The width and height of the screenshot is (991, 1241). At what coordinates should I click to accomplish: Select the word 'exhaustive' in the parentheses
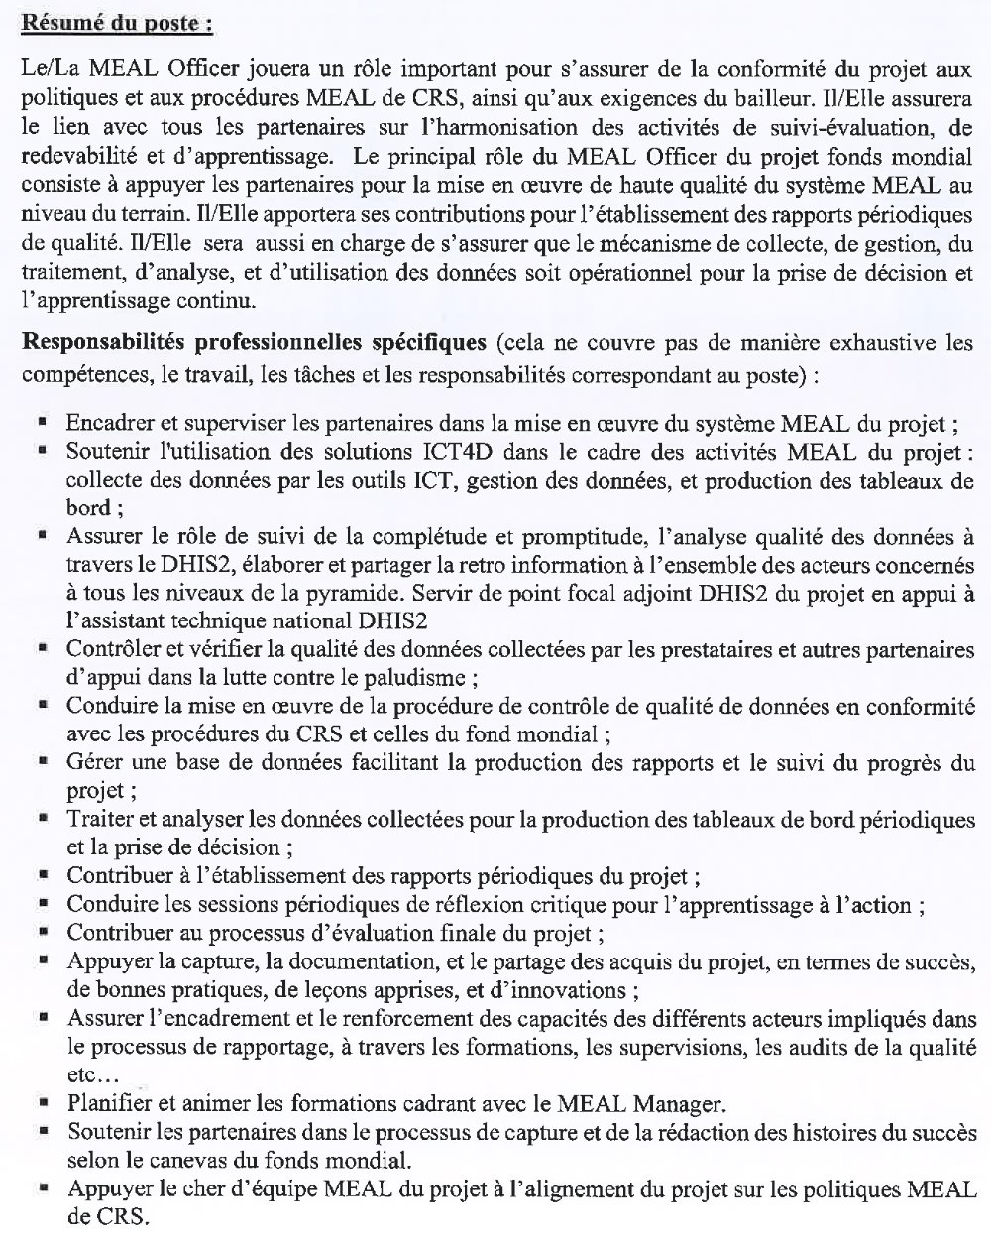[880, 343]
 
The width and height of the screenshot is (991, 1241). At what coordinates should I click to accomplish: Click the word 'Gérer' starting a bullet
[92, 763]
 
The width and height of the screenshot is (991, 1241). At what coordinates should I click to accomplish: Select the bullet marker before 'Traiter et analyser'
[44, 821]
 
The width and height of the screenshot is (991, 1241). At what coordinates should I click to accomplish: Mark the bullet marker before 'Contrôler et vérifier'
[44, 650]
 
